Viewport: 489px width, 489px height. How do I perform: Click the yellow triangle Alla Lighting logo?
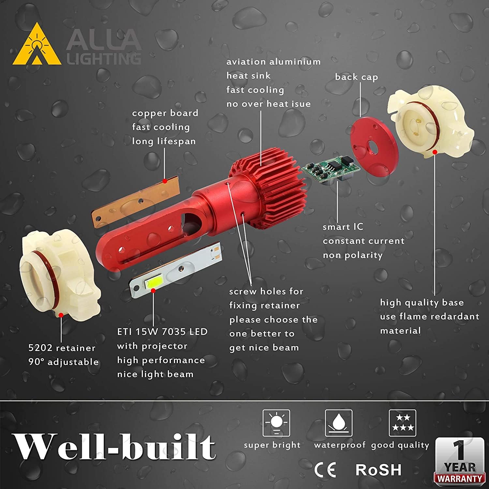pyautogui.click(x=37, y=46)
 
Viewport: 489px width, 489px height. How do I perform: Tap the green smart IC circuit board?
pyautogui.click(x=330, y=170)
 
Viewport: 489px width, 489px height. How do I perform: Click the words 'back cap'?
pyautogui.click(x=356, y=77)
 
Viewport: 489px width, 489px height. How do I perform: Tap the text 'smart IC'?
pyautogui.click(x=343, y=227)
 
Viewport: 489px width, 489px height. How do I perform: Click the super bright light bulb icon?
pyautogui.click(x=276, y=423)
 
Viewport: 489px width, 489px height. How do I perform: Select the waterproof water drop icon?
pyautogui.click(x=338, y=423)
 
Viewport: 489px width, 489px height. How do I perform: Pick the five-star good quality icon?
pyautogui.click(x=402, y=423)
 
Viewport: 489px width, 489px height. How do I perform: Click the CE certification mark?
pyautogui.click(x=325, y=470)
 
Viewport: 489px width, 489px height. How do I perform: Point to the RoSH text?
pyautogui.click(x=378, y=470)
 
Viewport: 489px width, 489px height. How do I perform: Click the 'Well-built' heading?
pyautogui.click(x=114, y=447)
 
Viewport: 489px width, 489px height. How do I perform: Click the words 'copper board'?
pyautogui.click(x=165, y=113)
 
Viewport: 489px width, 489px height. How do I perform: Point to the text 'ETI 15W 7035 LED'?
pyautogui.click(x=162, y=332)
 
